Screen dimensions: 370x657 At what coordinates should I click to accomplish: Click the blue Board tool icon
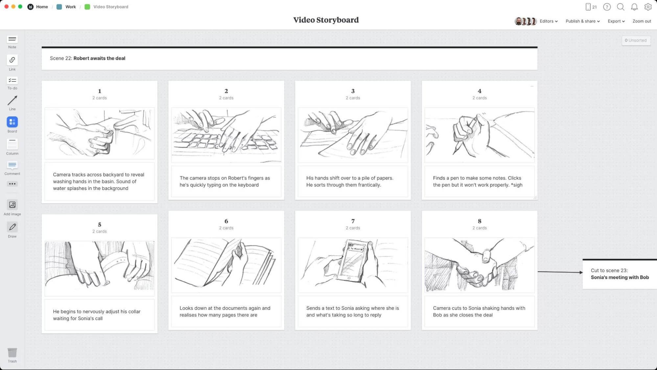point(12,122)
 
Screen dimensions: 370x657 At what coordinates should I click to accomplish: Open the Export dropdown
point(616,21)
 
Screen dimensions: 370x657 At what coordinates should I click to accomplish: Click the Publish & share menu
point(582,21)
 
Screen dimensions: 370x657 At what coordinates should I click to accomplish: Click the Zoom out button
point(642,21)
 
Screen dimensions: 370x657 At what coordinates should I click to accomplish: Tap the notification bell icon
point(634,7)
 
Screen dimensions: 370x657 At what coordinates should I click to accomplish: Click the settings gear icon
point(648,7)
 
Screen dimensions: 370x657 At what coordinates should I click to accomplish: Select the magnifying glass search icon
point(621,7)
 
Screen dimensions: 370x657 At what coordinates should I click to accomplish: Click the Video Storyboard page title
point(326,20)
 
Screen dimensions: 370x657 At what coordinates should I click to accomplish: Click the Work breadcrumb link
point(70,7)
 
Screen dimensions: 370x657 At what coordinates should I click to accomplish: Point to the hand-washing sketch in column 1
point(100,133)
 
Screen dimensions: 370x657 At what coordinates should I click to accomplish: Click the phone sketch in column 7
point(353,265)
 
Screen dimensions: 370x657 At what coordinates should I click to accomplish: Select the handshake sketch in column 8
point(479,265)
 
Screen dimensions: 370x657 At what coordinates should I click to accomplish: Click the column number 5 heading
point(100,225)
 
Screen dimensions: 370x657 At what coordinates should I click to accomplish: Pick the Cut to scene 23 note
point(619,274)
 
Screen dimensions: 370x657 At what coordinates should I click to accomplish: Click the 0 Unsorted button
point(636,40)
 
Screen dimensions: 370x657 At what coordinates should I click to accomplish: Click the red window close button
point(6,7)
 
